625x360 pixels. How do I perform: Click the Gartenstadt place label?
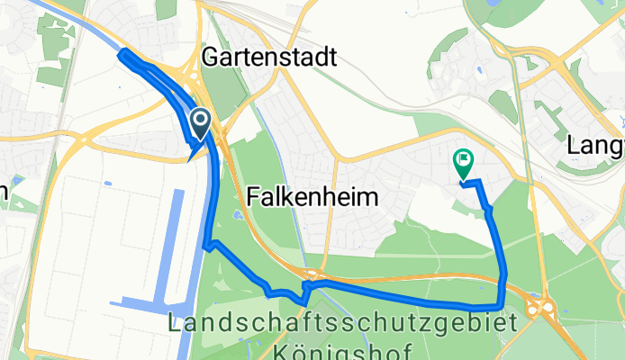coord(269,58)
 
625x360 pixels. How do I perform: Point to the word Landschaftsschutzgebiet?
coord(342,323)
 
